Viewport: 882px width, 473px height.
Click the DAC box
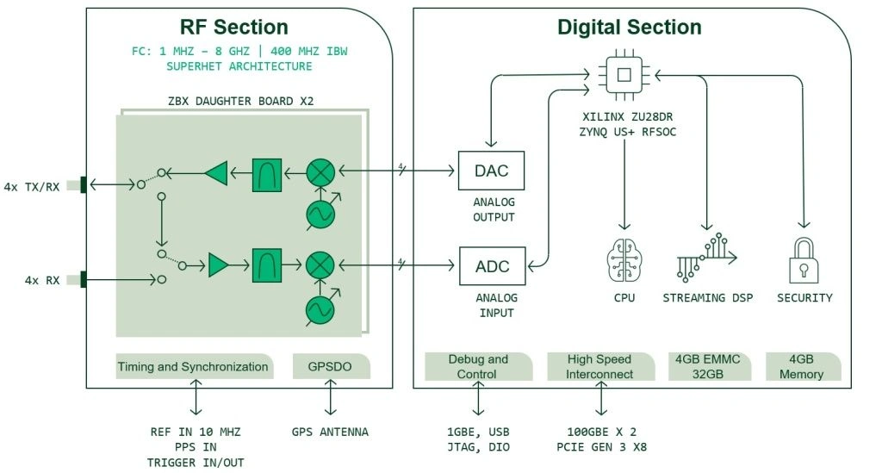pos(491,171)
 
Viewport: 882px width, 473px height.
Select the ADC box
pos(492,266)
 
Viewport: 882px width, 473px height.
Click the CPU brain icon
pos(624,258)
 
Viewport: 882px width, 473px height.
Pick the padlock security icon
pos(804,260)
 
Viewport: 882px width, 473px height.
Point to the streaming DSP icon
pos(706,258)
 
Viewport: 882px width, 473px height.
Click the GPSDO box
pos(332,366)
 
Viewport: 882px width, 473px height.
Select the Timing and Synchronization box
pos(194,366)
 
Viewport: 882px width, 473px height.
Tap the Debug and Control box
pos(478,366)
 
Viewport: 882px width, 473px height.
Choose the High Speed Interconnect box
pos(600,366)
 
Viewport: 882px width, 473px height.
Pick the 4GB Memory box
pos(802,366)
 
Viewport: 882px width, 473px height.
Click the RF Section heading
pos(233,27)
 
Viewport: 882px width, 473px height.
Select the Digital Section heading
pos(629,27)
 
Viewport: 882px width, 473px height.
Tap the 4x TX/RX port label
pos(32,187)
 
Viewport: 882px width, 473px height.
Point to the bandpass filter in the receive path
pos(267,265)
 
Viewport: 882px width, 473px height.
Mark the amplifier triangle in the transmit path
pos(216,174)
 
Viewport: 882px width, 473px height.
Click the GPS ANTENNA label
pos(331,431)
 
